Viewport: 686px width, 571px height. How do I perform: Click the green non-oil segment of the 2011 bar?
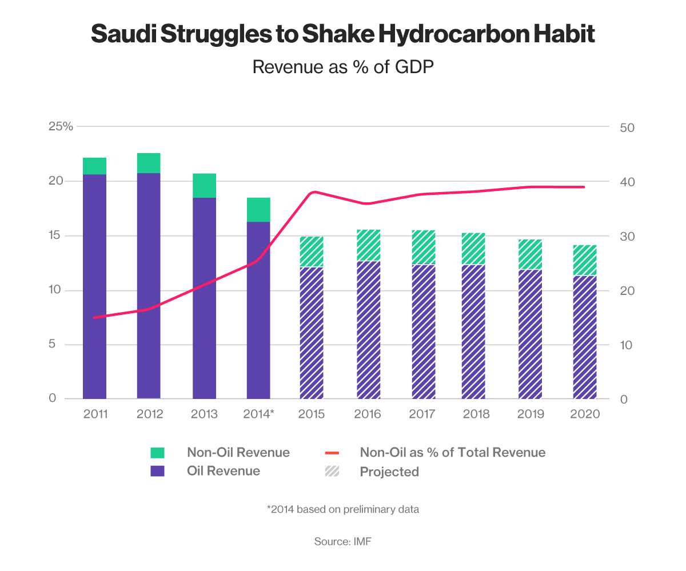click(x=95, y=166)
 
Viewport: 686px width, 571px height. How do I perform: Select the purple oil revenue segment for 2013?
click(x=204, y=297)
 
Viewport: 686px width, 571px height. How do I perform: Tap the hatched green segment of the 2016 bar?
click(x=368, y=245)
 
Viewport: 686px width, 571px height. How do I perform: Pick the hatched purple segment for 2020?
click(x=585, y=337)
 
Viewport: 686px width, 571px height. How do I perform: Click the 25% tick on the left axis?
click(x=61, y=126)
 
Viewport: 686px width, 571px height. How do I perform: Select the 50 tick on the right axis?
click(x=628, y=127)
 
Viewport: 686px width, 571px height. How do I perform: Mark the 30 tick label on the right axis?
click(x=628, y=236)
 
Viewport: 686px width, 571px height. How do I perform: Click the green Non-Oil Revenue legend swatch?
click(x=157, y=453)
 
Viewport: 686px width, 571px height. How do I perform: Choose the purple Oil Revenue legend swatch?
click(x=157, y=471)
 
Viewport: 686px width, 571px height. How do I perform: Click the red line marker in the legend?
click(x=332, y=453)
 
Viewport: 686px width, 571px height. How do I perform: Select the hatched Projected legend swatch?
click(x=332, y=472)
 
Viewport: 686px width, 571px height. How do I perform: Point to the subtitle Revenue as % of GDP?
click(x=343, y=67)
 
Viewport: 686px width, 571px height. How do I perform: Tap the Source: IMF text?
click(x=343, y=541)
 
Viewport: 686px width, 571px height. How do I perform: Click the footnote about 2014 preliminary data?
click(x=343, y=509)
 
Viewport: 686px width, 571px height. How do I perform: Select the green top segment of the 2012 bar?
click(x=149, y=163)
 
